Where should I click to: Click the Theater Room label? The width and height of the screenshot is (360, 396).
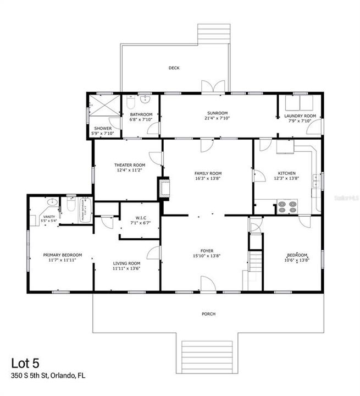(130, 165)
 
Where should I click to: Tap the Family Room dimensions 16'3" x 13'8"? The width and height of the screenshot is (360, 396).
(208, 179)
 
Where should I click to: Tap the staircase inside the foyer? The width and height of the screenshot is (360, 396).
(254, 262)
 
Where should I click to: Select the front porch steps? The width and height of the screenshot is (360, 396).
(209, 356)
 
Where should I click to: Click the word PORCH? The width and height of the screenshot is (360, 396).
(208, 314)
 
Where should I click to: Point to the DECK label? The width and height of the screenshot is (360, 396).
(174, 68)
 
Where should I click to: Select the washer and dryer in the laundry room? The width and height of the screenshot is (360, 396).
(300, 103)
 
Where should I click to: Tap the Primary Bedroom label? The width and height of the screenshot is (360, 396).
(63, 255)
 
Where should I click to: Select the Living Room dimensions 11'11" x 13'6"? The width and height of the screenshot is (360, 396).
(127, 269)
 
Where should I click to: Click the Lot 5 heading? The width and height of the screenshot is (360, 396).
(25, 364)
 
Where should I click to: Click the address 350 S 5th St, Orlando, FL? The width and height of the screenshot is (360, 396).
(48, 377)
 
